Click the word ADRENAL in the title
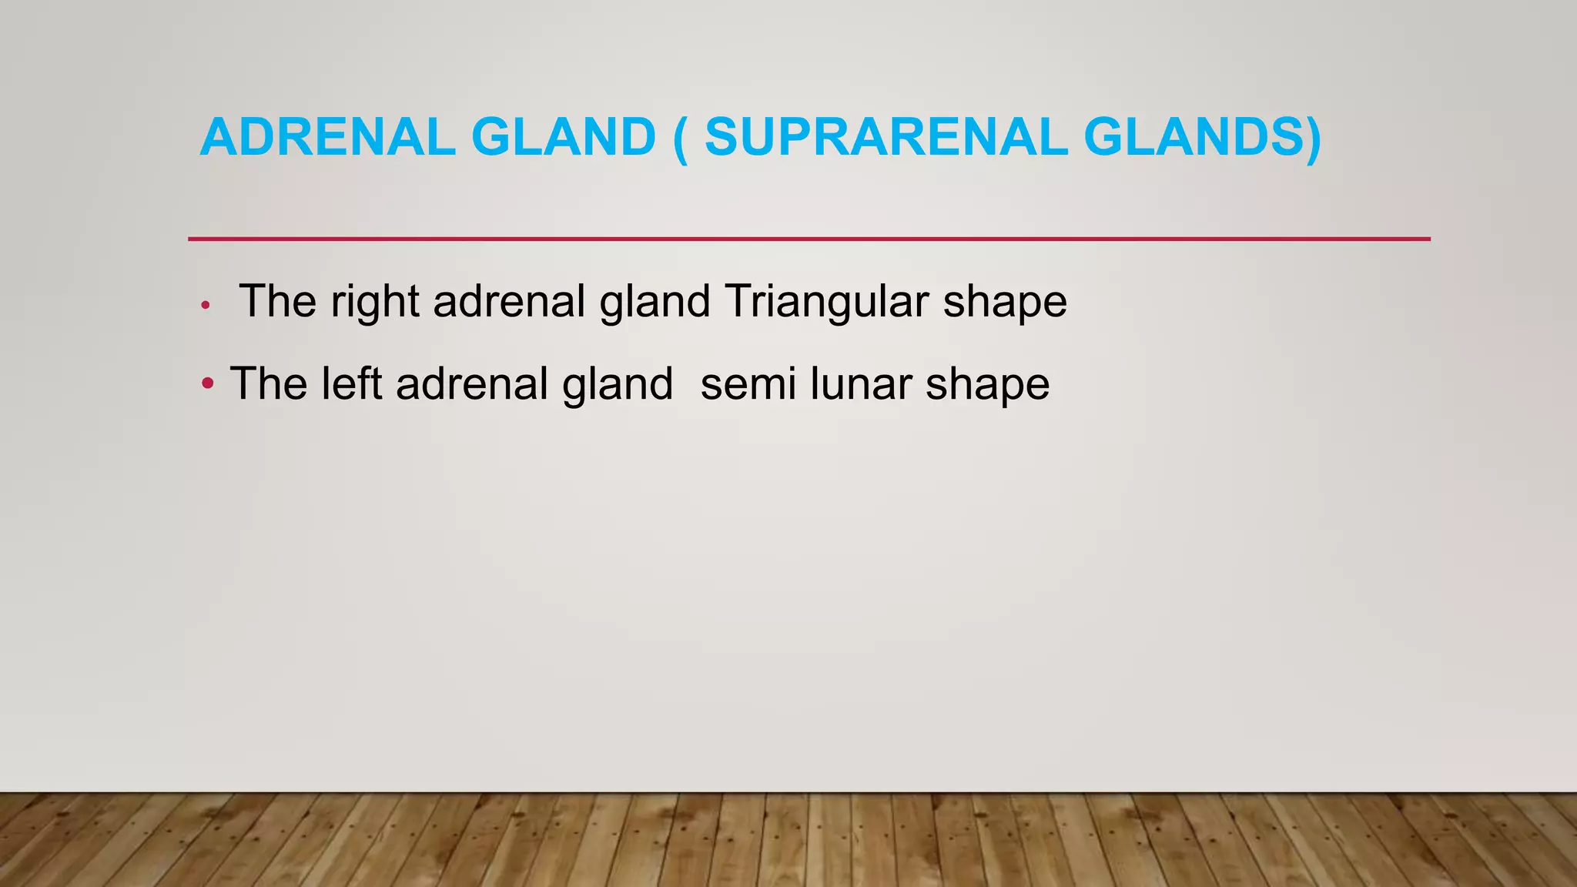[327, 137]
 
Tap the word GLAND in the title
[563, 137]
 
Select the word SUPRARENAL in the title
[886, 137]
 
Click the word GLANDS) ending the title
[1202, 137]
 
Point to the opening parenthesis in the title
[680, 139]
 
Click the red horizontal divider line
[809, 239]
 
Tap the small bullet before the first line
[205, 306]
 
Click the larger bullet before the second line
[207, 383]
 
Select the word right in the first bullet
[374, 302]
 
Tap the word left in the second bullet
[350, 383]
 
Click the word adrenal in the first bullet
[509, 301]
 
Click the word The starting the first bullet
[277, 301]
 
